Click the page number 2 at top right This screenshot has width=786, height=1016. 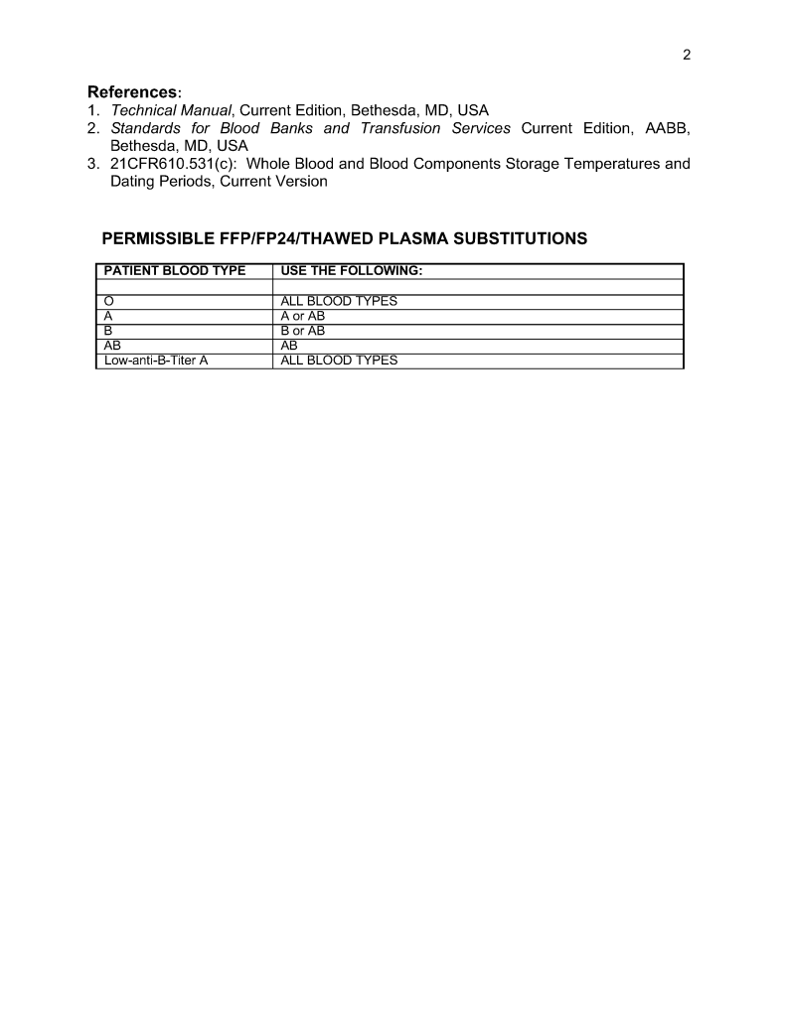(686, 55)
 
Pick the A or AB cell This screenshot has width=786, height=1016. (303, 317)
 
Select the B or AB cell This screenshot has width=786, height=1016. (303, 332)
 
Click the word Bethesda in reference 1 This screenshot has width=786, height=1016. (384, 110)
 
